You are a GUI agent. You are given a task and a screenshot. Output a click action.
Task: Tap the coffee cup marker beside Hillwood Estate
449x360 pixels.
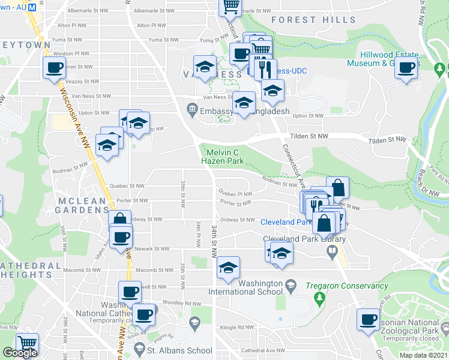[x=406, y=67]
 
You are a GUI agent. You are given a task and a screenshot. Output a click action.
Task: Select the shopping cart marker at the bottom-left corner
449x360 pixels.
[x=27, y=344]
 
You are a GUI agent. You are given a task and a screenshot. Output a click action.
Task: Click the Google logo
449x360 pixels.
[x=20, y=353]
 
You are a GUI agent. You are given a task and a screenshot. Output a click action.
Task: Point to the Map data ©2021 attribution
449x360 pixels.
[x=424, y=355]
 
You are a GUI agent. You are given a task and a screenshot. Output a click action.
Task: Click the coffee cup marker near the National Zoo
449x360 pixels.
[x=368, y=319]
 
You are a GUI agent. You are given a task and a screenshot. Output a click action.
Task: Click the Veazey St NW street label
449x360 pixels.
[x=82, y=81]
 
